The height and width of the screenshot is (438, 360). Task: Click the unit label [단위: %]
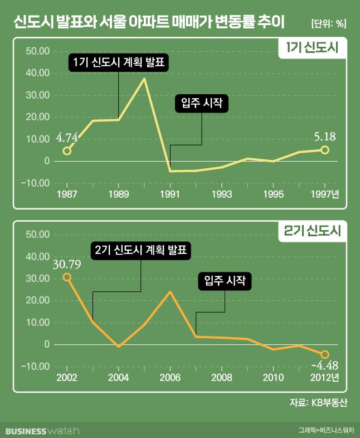(327, 23)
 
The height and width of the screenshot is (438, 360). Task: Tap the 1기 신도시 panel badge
(313, 48)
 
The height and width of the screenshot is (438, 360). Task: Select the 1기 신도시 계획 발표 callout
(119, 62)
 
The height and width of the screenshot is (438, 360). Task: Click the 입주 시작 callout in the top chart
(201, 104)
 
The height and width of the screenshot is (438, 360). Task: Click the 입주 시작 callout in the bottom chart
(225, 281)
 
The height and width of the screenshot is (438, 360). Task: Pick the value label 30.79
(67, 262)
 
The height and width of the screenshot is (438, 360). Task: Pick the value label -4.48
(325, 366)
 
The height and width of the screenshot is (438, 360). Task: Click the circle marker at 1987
(67, 150)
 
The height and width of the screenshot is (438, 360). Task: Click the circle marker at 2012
(325, 354)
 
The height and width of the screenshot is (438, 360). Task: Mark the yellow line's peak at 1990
(144, 79)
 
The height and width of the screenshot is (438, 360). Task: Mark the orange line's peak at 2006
(170, 292)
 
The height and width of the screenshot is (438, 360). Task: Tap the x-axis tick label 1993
(222, 194)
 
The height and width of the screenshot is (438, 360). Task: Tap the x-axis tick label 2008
(222, 377)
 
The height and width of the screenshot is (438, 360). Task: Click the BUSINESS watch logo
(42, 431)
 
